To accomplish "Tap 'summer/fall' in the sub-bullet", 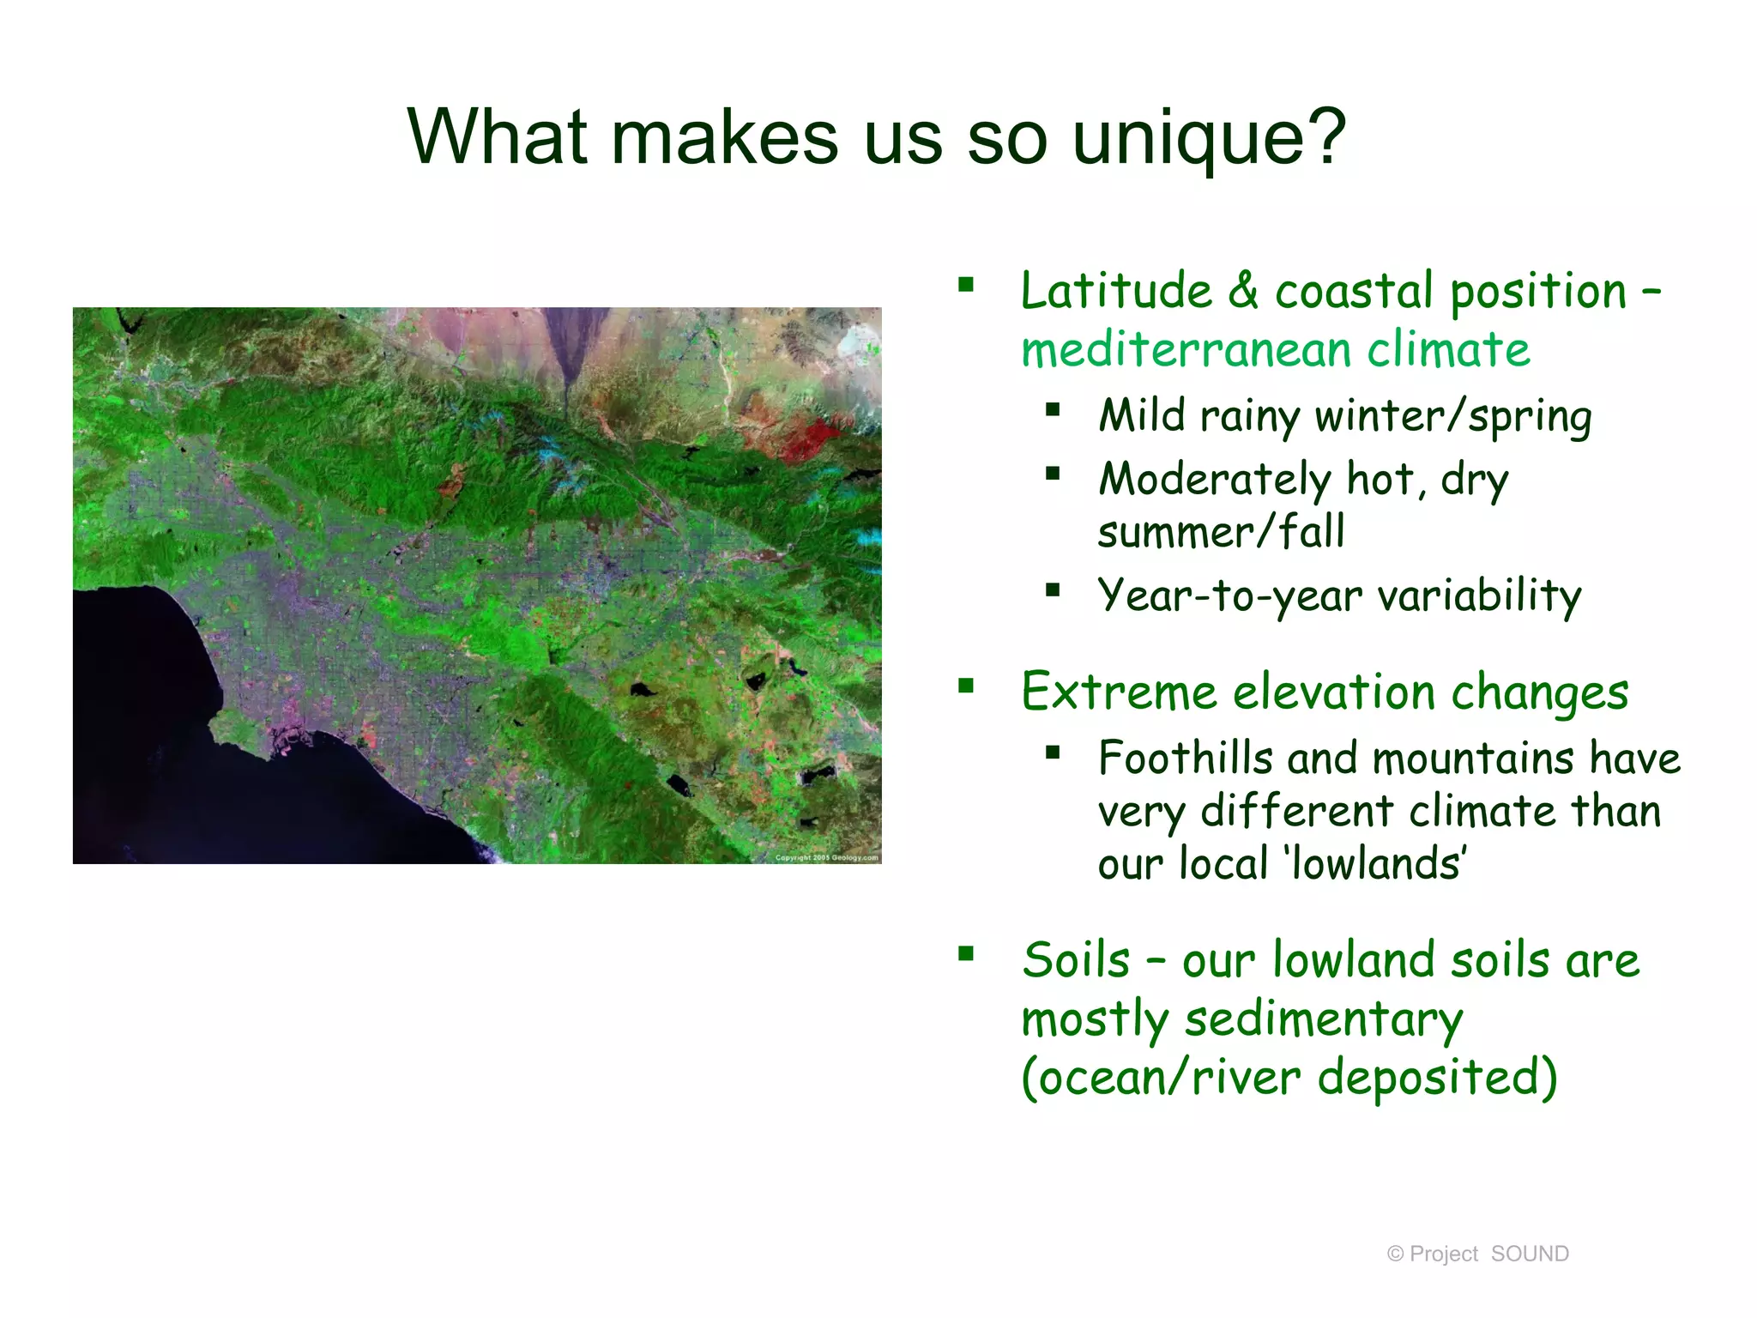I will click(1220, 532).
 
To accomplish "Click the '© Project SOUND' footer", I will click(1477, 1254).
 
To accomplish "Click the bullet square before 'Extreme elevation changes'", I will click(967, 686).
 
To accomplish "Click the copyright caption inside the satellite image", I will click(826, 856).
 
